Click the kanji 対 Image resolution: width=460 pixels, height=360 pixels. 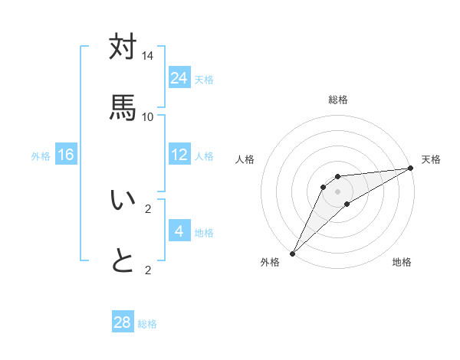[x=123, y=47]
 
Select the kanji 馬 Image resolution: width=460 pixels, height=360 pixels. [x=123, y=106]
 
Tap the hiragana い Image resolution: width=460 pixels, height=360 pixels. [x=123, y=200]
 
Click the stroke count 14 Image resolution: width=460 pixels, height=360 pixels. [x=148, y=56]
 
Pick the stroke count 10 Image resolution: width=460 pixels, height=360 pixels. [x=148, y=116]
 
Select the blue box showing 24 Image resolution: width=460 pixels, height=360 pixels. [x=179, y=78]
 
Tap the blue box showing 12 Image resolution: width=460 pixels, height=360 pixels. [x=179, y=155]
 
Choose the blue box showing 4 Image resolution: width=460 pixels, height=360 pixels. [x=179, y=231]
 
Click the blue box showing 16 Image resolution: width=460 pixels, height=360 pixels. [x=66, y=155]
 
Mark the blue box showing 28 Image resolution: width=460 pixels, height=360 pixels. [x=123, y=322]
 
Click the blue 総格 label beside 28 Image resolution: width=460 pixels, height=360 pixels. [x=147, y=324]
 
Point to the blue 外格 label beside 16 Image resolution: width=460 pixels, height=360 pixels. [x=41, y=156]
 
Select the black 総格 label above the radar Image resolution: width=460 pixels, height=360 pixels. [x=338, y=100]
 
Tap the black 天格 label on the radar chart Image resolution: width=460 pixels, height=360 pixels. [x=431, y=159]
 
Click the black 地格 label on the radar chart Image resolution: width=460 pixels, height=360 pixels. [x=402, y=262]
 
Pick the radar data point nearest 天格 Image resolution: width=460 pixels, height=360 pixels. [x=411, y=168]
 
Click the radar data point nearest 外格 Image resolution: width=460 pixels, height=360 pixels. [x=292, y=254]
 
